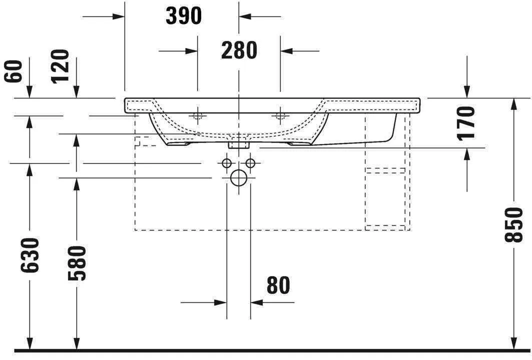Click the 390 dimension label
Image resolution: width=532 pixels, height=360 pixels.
click(x=184, y=16)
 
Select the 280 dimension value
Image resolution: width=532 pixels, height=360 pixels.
click(x=239, y=50)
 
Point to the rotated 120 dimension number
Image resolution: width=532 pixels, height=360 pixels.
click(x=60, y=66)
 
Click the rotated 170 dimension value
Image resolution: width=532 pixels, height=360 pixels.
click(x=466, y=122)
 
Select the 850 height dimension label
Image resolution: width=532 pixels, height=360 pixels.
click(x=513, y=225)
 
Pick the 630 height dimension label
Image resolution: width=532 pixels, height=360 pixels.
click(x=30, y=255)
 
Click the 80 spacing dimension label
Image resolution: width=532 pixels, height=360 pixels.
click(x=278, y=285)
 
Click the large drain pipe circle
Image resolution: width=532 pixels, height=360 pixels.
click(x=239, y=177)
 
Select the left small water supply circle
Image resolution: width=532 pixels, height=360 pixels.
click(x=227, y=163)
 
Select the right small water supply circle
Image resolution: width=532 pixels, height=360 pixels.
click(x=251, y=163)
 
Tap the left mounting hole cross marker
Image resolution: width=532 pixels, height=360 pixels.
click(x=198, y=116)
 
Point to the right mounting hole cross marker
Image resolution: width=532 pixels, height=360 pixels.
click(x=280, y=116)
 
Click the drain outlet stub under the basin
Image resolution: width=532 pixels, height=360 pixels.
click(x=239, y=144)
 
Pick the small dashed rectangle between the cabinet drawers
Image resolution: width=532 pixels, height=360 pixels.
click(x=385, y=170)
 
